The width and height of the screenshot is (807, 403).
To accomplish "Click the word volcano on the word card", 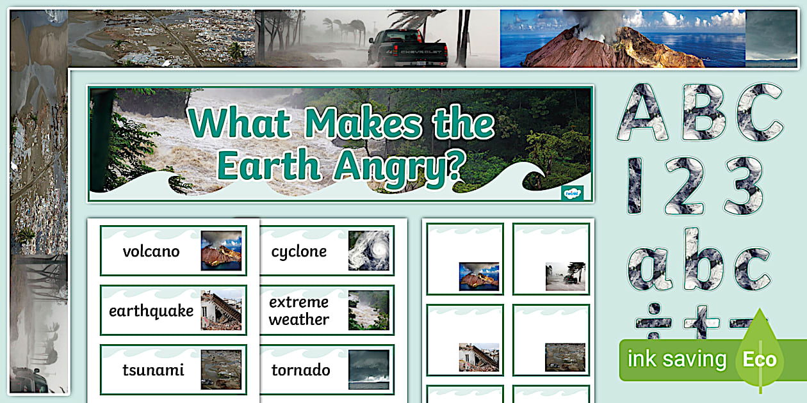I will [151, 251].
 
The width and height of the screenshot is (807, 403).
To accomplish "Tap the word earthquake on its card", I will [151, 312].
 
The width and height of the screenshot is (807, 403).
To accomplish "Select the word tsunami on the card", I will [153, 370].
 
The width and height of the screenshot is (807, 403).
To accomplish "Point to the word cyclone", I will [298, 251].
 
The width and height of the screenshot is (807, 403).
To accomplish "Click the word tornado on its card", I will [300, 370].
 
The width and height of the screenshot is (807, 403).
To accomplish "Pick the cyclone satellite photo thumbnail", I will [368, 251].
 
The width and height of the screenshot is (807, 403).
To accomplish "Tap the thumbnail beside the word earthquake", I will [221, 310].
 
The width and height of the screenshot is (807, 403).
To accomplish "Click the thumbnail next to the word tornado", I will [368, 370].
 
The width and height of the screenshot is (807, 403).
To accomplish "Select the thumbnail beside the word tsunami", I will [221, 370].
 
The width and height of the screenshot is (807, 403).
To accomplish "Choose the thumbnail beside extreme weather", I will [368, 310].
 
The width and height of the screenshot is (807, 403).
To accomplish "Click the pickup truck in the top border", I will [407, 49].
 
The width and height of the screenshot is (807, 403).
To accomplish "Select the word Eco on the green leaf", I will [759, 360].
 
